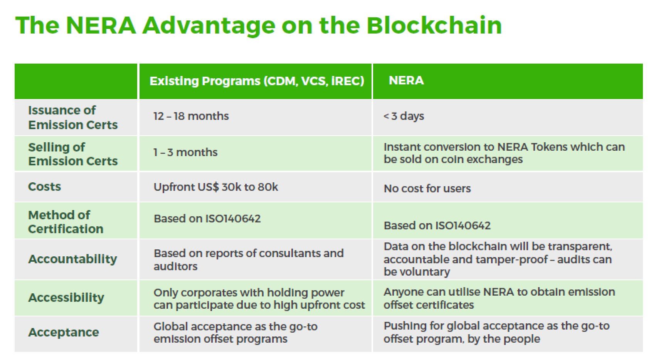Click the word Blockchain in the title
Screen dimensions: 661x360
[x=434, y=25]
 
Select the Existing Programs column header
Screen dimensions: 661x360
[x=257, y=81]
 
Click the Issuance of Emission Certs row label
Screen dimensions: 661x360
[x=73, y=118]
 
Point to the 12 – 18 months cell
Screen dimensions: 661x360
[x=191, y=116]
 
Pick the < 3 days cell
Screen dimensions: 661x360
[x=404, y=116]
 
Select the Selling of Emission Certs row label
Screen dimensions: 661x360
[x=73, y=154]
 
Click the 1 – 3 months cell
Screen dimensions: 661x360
[x=185, y=152]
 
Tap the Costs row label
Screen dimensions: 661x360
[x=44, y=187]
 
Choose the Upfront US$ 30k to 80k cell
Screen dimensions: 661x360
[x=215, y=187]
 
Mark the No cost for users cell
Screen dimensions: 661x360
[x=427, y=188]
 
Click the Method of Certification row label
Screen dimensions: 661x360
[x=66, y=222]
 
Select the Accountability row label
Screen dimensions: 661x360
[x=72, y=259]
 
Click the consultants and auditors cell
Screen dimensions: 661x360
[x=249, y=259]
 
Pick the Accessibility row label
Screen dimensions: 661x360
[x=66, y=298]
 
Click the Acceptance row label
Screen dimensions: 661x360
[x=64, y=332]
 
